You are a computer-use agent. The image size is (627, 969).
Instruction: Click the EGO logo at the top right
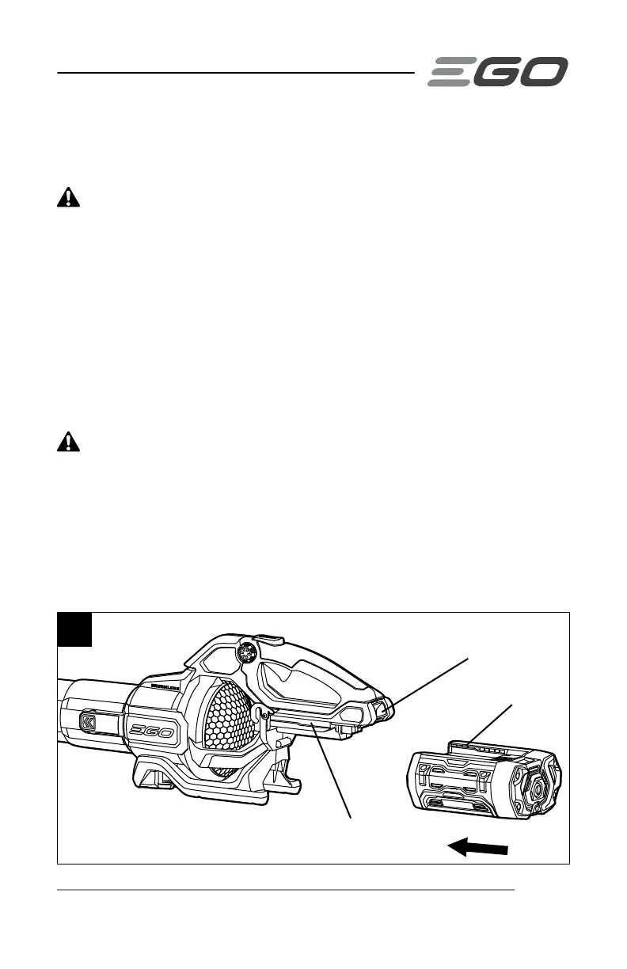coord(498,72)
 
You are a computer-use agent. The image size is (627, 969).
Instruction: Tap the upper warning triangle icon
coord(69,199)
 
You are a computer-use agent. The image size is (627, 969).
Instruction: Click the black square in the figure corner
coord(75,630)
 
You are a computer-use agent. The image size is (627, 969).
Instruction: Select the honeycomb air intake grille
coord(229,731)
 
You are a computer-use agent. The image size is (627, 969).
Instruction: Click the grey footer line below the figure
coord(285,890)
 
